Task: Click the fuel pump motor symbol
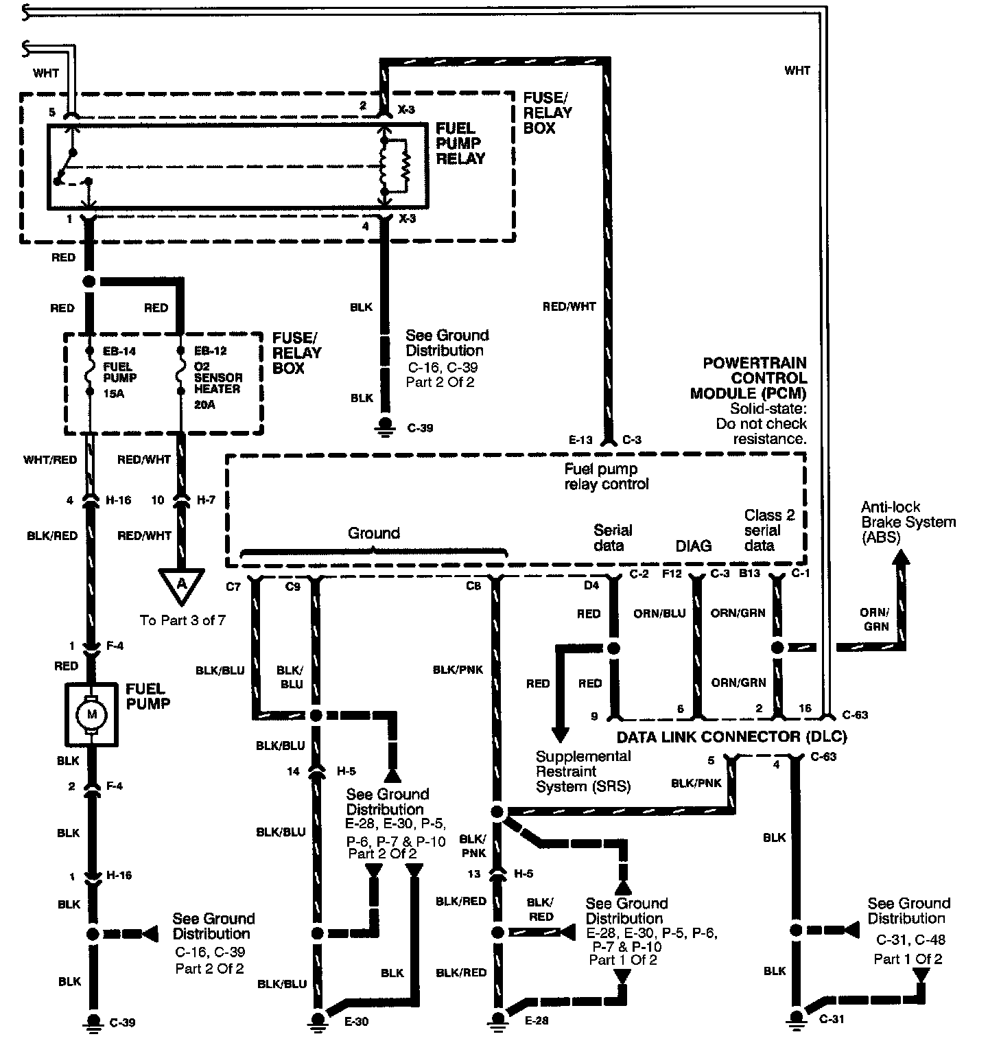coord(91,715)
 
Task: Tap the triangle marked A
coord(182,585)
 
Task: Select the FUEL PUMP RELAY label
coord(460,143)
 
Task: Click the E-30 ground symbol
coord(317,1021)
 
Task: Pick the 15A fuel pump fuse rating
coord(114,394)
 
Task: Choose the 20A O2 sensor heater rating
coord(204,405)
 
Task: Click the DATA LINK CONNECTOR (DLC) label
coord(731,737)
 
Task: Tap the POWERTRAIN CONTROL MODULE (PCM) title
coord(750,378)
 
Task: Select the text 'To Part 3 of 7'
coord(183,620)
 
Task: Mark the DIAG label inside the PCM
coord(694,546)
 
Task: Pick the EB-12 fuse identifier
coord(210,351)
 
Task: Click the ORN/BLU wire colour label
coord(659,613)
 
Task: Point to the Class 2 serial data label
coord(769,530)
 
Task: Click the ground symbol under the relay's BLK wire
coord(385,427)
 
